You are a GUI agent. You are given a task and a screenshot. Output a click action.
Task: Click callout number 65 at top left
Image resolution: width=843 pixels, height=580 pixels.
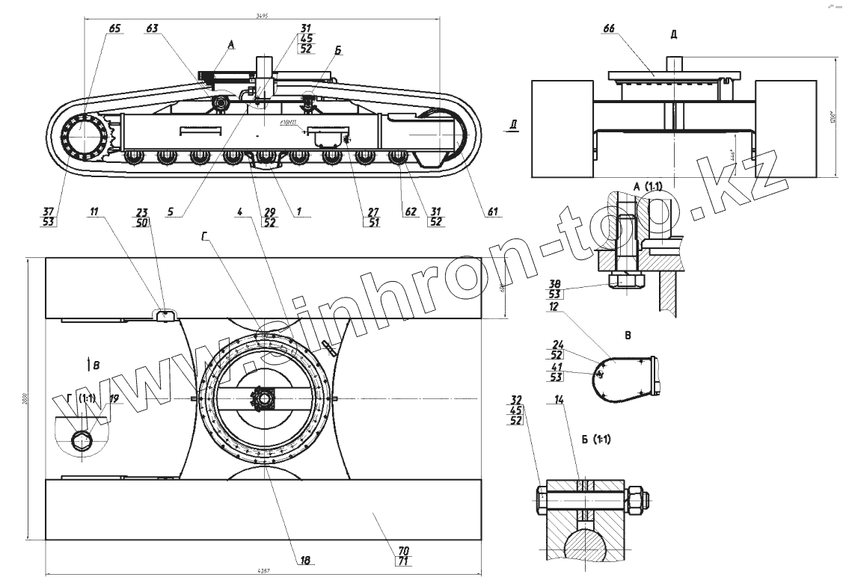tap(114, 28)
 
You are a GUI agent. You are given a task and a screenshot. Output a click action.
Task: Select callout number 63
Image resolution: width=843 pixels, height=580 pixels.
tap(153, 28)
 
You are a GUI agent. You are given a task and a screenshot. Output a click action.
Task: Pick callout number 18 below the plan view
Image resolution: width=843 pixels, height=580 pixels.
tap(304, 560)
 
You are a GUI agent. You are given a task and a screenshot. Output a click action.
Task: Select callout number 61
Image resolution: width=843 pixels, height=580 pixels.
tap(492, 212)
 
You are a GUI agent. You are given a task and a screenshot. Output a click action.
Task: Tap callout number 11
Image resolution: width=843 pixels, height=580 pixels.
tap(94, 212)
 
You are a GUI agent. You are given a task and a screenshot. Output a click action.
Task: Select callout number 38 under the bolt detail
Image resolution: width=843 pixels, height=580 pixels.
tap(555, 285)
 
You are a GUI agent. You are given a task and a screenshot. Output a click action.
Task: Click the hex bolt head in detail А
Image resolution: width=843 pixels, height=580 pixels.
tap(626, 281)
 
